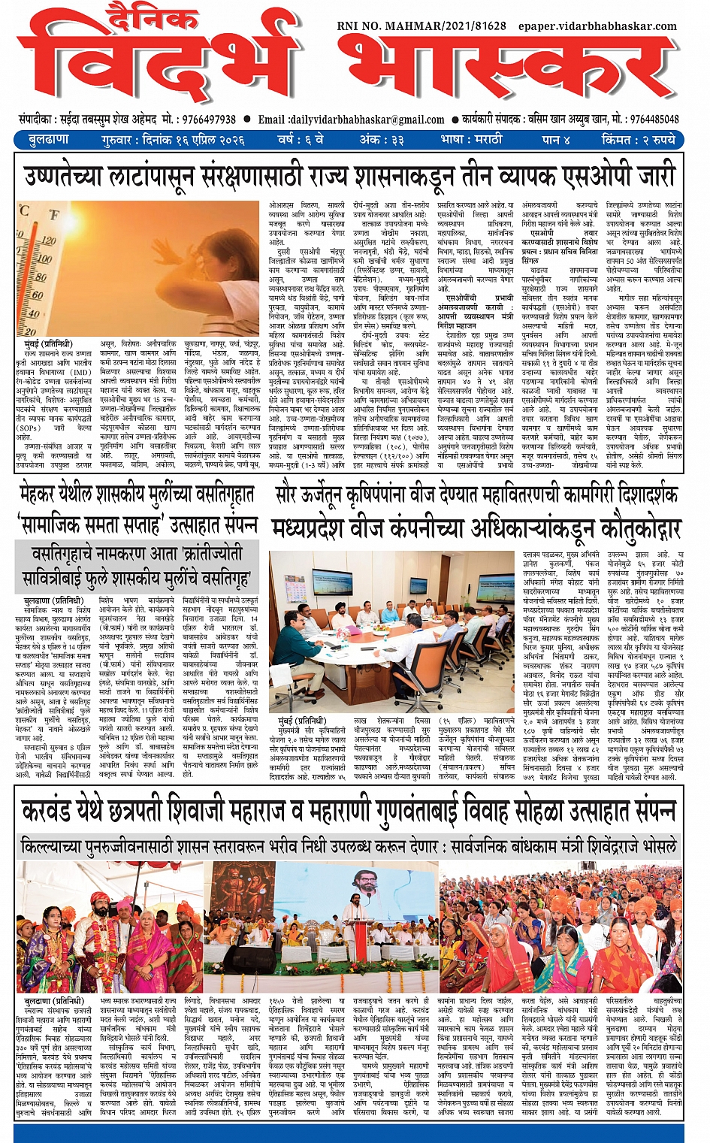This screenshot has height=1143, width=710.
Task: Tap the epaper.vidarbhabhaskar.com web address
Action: pyautogui.click(x=597, y=26)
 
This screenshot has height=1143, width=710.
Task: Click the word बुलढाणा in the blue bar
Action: pyautogui.click(x=49, y=140)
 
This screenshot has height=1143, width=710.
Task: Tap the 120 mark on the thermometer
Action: pyautogui.click(x=48, y=241)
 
